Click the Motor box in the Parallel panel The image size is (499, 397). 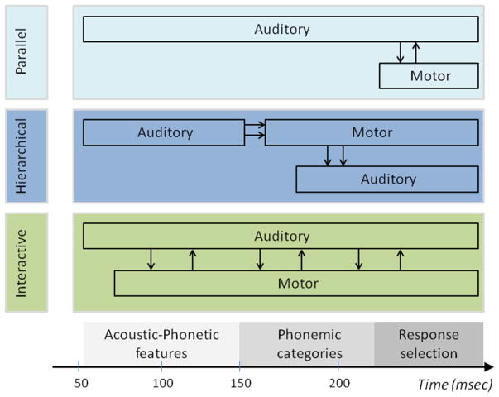point(429,76)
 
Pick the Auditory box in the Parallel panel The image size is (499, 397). point(281,30)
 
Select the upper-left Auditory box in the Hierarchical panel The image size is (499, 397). point(164,132)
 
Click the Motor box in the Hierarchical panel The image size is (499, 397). point(371,132)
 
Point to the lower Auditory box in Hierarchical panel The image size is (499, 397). point(386,179)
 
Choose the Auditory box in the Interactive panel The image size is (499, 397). point(281,237)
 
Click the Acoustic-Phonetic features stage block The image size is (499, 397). point(161,343)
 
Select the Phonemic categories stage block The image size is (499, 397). point(307,343)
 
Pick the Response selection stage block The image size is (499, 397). point(429,343)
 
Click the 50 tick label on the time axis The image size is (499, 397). point(79,383)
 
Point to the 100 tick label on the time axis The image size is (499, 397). point(163,383)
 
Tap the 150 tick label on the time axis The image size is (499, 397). point(240,383)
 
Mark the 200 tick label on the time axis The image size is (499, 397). point(338,383)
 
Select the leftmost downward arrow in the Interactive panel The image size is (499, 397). point(151,259)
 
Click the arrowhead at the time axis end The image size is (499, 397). point(491,366)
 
